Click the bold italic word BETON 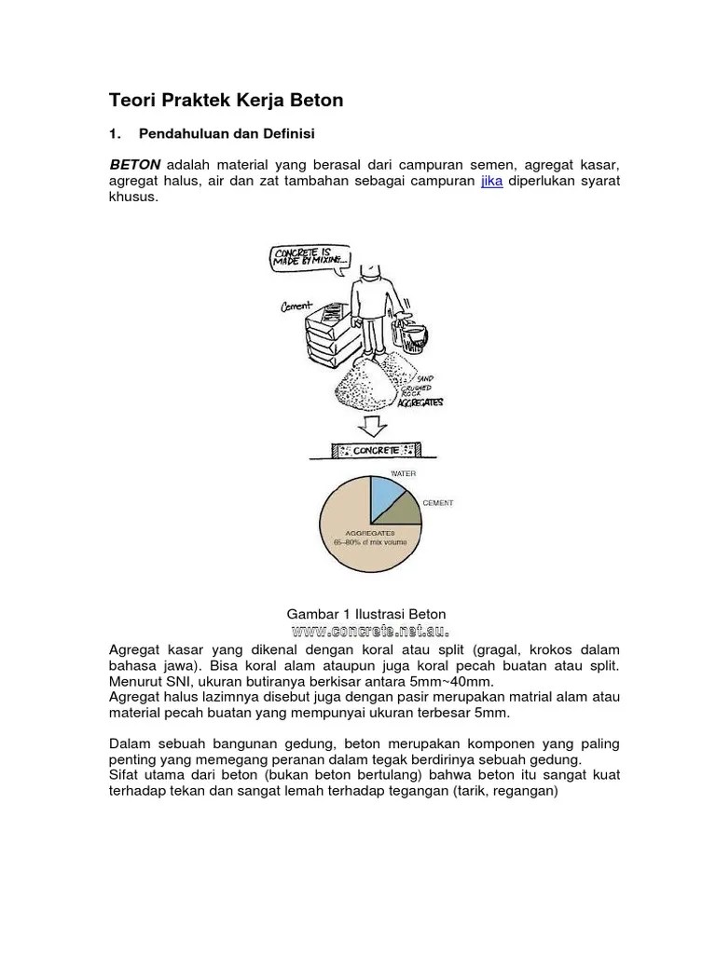point(135,164)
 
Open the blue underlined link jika point(491,181)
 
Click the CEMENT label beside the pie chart point(438,503)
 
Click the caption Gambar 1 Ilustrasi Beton point(365,614)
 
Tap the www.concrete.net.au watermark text point(370,631)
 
